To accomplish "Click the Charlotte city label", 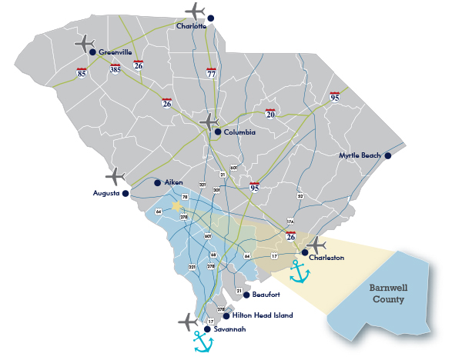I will pyautogui.click(x=192, y=25).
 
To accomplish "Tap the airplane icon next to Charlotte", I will pyautogui.click(x=196, y=12).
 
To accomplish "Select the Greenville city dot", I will pyautogui.click(x=92, y=52).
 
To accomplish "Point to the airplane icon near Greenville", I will pyautogui.click(x=85, y=43).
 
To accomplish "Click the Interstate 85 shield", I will pyautogui.click(x=82, y=72).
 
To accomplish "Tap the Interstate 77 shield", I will pyautogui.click(x=211, y=74).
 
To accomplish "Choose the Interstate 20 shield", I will pyautogui.click(x=270, y=114).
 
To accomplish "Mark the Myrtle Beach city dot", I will pyautogui.click(x=388, y=155).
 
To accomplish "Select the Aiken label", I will pyautogui.click(x=174, y=182).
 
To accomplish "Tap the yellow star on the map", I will pyautogui.click(x=177, y=206).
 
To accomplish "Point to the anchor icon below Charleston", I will pyautogui.click(x=298, y=271).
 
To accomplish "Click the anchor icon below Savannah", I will pyautogui.click(x=203, y=342).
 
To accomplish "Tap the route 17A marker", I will pyautogui.click(x=290, y=221).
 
